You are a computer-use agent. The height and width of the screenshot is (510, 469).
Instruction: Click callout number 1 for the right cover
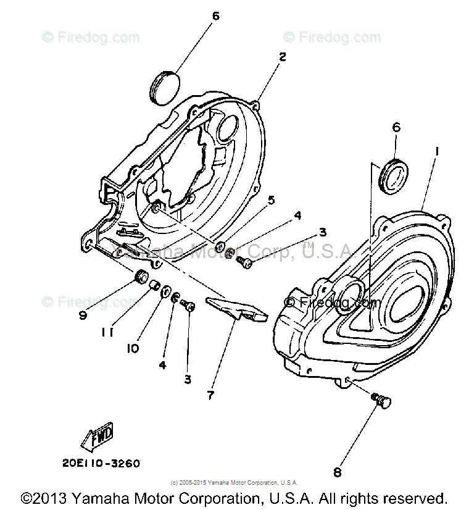click(436, 151)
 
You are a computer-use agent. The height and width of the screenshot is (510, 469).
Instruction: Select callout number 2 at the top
click(282, 57)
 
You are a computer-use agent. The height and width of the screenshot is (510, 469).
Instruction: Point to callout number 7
click(210, 395)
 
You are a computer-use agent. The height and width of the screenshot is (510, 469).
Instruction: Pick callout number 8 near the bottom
click(337, 473)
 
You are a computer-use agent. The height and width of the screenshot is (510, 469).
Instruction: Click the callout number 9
click(82, 315)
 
